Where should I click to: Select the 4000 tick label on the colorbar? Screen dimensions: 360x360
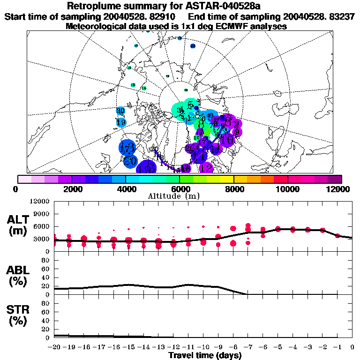tap(126, 189)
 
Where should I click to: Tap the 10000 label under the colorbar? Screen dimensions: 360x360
tap(287, 189)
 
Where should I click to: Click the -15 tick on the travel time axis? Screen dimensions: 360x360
tap(128, 347)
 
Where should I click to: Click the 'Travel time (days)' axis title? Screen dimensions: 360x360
tap(205, 356)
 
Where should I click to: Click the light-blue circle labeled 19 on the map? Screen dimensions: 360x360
tap(121, 122)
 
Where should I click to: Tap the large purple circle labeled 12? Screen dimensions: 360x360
tap(206, 168)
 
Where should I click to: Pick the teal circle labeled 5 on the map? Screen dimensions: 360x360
tap(190, 105)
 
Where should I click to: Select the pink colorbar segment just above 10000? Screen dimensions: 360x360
tap(294, 179)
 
